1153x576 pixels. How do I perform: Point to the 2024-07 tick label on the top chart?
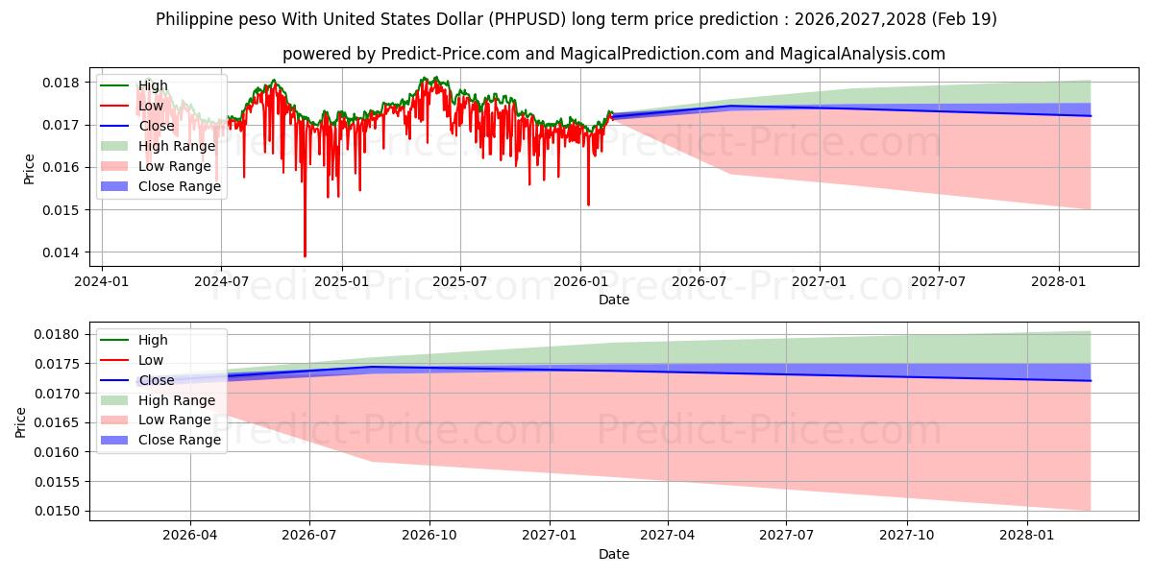click(221, 281)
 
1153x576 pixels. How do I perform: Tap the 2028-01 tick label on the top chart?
click(1058, 281)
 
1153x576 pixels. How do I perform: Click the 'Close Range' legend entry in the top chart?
click(180, 186)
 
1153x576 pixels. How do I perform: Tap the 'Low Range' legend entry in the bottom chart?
click(176, 420)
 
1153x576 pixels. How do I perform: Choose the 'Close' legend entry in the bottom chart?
click(157, 380)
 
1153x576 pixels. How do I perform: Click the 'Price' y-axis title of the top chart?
click(29, 169)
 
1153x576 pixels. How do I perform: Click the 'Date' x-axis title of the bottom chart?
click(614, 554)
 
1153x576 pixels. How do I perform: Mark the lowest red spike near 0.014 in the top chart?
click(305, 255)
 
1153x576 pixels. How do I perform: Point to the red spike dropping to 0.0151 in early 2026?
click(588, 204)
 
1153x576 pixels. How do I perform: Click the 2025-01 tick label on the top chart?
click(341, 281)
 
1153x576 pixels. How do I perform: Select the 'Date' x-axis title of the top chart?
click(614, 300)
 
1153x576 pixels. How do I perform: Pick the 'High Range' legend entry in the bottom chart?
click(177, 400)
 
